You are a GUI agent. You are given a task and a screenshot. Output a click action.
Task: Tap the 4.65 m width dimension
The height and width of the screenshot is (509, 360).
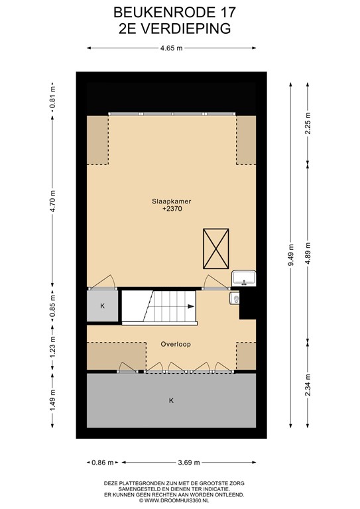pos(171,48)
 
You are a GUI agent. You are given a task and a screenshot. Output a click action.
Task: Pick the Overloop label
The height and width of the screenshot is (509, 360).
pos(171,344)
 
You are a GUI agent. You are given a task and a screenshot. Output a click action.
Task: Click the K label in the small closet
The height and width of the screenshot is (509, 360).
pos(102,306)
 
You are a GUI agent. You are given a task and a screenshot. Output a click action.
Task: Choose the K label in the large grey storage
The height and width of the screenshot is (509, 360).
pos(171,400)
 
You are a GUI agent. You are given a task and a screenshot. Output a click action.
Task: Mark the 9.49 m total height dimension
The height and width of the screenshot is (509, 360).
pos(290,258)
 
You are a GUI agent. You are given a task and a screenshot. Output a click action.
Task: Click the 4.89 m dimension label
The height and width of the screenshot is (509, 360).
pos(306,253)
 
